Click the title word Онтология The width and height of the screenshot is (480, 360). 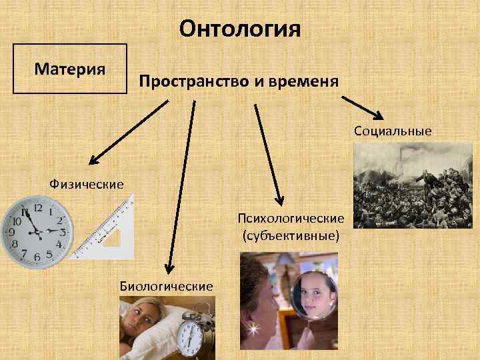click(x=240, y=29)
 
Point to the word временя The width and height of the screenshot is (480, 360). click(x=307, y=81)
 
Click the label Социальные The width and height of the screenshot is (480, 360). click(x=393, y=131)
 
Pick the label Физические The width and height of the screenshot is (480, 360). click(x=87, y=183)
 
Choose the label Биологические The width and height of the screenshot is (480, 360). click(x=166, y=286)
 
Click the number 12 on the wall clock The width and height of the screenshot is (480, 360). click(x=37, y=208)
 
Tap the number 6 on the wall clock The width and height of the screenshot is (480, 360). click(x=37, y=257)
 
